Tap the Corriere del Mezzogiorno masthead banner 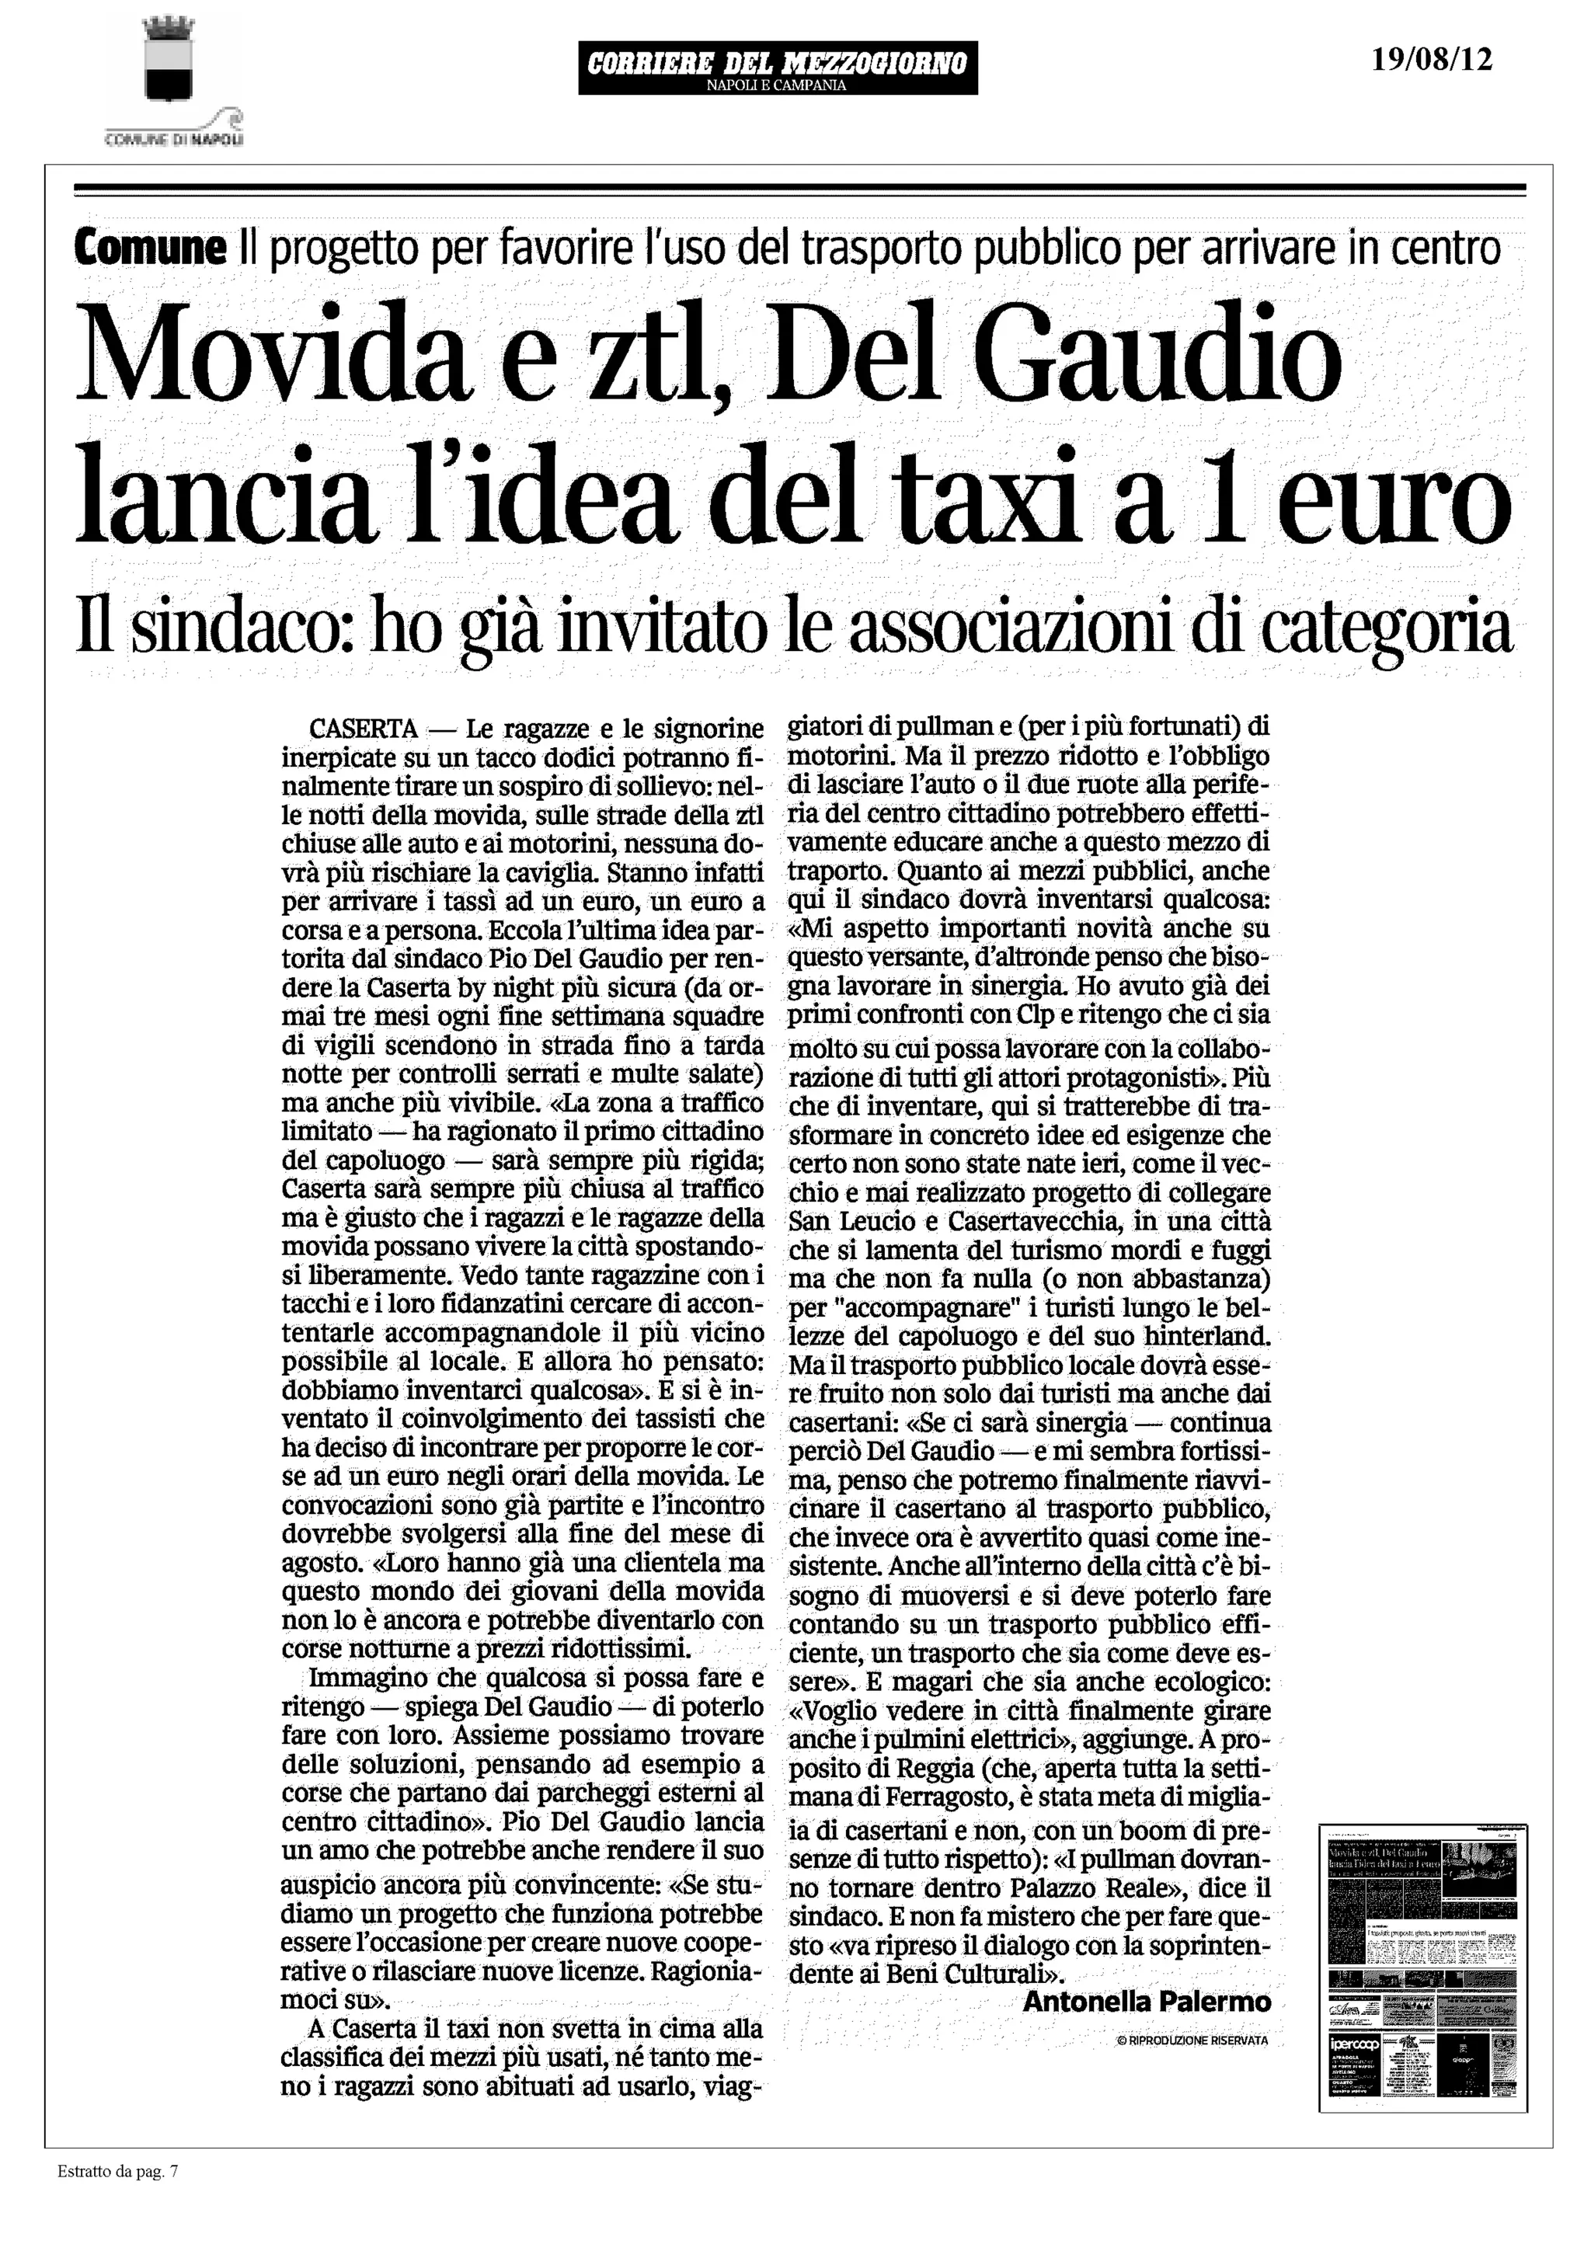778,68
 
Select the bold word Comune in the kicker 149,247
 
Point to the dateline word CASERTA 364,729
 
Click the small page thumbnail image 1422,1967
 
